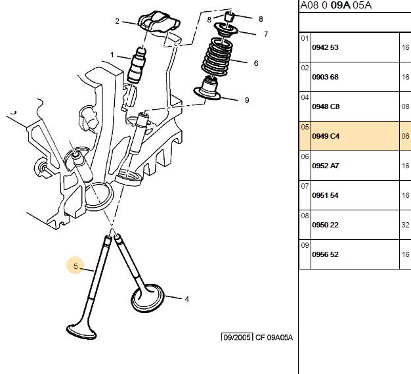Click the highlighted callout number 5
pyautogui.click(x=76, y=266)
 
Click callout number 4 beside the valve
pyautogui.click(x=186, y=299)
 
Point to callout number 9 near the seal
pyautogui.click(x=247, y=100)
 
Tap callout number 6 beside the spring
pyautogui.click(x=256, y=63)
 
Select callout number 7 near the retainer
pyautogui.click(x=266, y=34)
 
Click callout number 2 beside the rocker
pyautogui.click(x=117, y=21)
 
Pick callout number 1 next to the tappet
pyautogui.click(x=112, y=55)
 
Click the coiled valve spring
pyautogui.click(x=217, y=57)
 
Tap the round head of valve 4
pyautogui.click(x=148, y=298)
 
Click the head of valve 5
pyautogui.click(x=81, y=332)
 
